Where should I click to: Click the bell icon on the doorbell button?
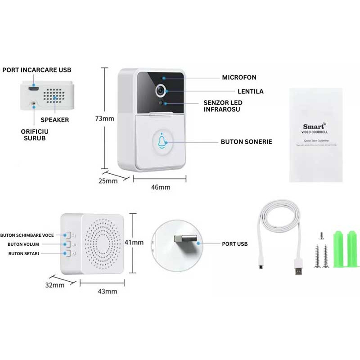(162, 141)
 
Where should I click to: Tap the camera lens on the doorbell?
(160, 90)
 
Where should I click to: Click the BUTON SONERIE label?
(246, 141)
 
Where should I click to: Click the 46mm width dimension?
(161, 187)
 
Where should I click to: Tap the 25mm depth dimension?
(108, 181)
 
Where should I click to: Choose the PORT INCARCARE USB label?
(37, 70)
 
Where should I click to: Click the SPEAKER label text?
(55, 120)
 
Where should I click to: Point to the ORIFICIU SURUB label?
(35, 135)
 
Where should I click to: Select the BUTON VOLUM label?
(23, 244)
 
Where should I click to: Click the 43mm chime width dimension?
(108, 291)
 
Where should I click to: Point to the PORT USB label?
(234, 244)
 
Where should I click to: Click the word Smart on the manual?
(313, 126)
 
